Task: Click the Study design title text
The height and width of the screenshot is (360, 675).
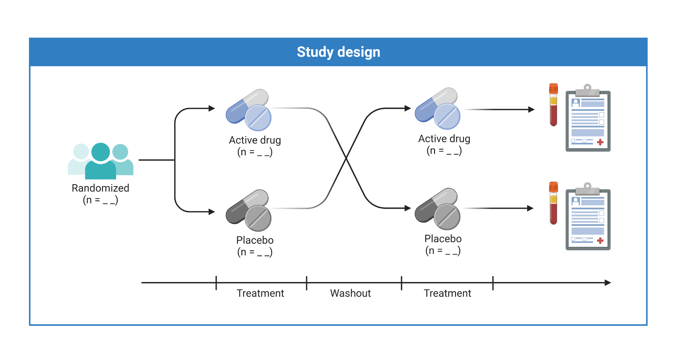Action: click(x=339, y=52)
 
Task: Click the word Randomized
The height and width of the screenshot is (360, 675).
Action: click(x=100, y=188)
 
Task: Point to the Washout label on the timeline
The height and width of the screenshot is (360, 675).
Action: click(x=350, y=293)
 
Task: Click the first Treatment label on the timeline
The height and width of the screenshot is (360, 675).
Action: click(x=260, y=293)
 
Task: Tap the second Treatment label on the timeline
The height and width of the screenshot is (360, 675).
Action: click(x=447, y=293)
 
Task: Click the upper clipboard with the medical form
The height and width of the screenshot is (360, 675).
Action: click(x=588, y=120)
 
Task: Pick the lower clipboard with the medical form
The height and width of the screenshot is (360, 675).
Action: click(x=588, y=218)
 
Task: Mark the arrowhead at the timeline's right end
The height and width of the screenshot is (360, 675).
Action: click(x=608, y=283)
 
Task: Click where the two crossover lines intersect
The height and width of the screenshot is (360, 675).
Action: click(x=346, y=158)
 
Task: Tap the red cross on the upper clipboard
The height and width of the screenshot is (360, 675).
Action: click(x=600, y=142)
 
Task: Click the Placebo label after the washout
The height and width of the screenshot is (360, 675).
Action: click(x=443, y=239)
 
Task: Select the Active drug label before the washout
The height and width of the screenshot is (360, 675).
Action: click(x=255, y=140)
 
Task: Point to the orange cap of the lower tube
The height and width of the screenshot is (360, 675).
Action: click(x=553, y=187)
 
